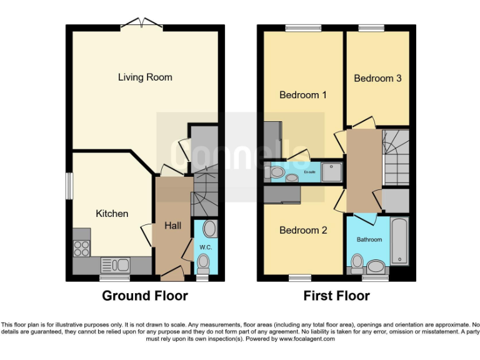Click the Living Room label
point(145,77)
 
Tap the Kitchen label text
point(112,214)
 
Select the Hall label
point(172,225)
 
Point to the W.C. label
point(206,247)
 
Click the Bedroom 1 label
point(303,95)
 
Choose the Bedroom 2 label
point(303,230)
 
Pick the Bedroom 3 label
point(377,78)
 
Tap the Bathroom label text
point(369,239)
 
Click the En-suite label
point(309,172)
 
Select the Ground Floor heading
point(145,296)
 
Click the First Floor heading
point(336,296)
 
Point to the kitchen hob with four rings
point(82,248)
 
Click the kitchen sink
point(114,264)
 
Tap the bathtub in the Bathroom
point(399,241)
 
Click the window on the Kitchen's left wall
point(69,186)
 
